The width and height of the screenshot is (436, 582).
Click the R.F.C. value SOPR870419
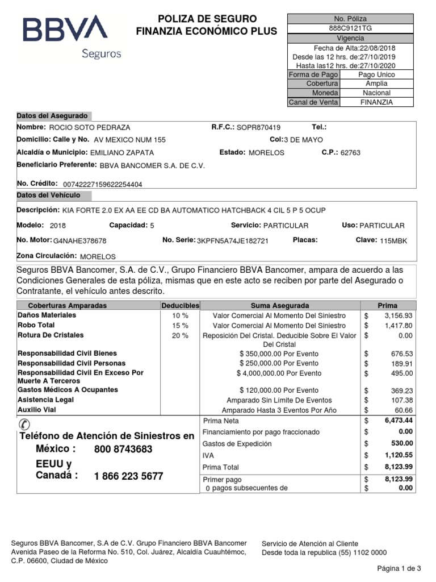pyautogui.click(x=258, y=128)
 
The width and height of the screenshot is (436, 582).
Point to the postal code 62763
pyautogui.click(x=350, y=153)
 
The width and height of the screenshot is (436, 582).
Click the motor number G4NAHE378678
pyautogui.click(x=79, y=241)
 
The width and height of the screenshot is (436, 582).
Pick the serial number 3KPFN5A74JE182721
pyautogui.click(x=233, y=241)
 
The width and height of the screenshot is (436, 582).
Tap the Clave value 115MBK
pyautogui.click(x=393, y=241)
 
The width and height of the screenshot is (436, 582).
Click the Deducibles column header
pyautogui.click(x=180, y=305)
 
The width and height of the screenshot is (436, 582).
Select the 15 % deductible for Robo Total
pyautogui.click(x=180, y=326)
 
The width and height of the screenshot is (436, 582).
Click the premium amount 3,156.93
pyautogui.click(x=398, y=315)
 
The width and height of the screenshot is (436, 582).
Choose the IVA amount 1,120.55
pyautogui.click(x=398, y=455)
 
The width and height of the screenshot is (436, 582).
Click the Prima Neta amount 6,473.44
pyautogui.click(x=398, y=421)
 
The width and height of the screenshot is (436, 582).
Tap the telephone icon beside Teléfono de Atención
pyautogui.click(x=26, y=423)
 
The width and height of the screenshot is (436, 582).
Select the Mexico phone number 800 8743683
pyautogui.click(x=123, y=450)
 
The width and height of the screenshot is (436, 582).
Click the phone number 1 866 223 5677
pyautogui.click(x=128, y=476)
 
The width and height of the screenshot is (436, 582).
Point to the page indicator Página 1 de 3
pyautogui.click(x=399, y=568)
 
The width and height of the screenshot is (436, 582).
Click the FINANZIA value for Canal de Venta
pyautogui.click(x=376, y=102)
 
